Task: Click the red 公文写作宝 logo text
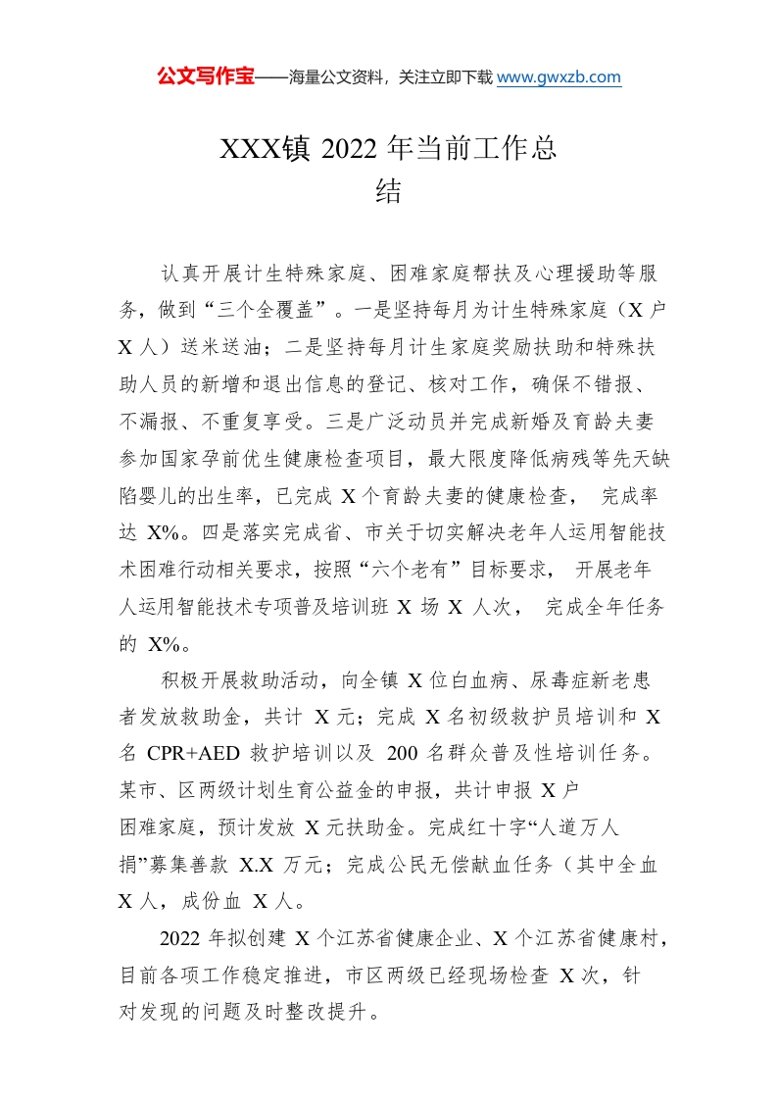click(x=205, y=77)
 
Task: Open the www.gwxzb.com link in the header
click(x=559, y=77)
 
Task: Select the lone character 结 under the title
click(x=389, y=192)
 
